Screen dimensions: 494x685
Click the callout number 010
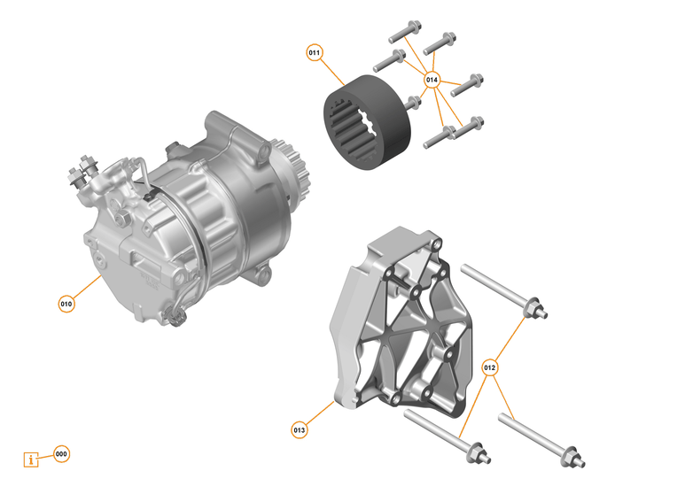[66, 304]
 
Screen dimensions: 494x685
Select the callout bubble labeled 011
[315, 53]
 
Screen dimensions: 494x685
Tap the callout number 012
[490, 367]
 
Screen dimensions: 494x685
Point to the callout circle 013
[300, 430]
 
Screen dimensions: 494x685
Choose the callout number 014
[432, 80]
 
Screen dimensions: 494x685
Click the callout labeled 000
[61, 454]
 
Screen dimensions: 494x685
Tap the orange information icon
[33, 459]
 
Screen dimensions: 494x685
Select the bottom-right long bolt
[541, 440]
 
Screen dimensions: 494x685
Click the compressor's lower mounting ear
[258, 279]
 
